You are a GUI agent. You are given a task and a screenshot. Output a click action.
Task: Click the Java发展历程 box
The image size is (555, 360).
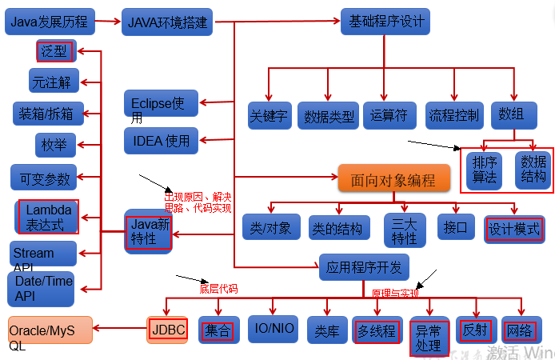[x=50, y=22]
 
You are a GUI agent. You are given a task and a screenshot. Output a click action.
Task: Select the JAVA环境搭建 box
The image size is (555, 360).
[x=167, y=22]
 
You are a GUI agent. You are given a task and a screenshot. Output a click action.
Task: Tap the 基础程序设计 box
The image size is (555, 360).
[x=385, y=21]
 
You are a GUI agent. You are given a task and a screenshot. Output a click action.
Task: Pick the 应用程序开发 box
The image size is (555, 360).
[x=364, y=266]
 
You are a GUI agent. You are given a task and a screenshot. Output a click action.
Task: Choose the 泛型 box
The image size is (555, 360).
[x=55, y=52]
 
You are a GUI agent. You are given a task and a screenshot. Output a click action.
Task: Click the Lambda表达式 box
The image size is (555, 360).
[x=48, y=217]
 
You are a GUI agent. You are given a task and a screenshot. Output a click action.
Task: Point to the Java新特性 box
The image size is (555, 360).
[x=149, y=231]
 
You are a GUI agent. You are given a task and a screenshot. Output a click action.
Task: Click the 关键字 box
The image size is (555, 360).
[x=268, y=116]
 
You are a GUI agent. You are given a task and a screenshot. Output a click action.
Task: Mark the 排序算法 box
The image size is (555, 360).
[x=484, y=169]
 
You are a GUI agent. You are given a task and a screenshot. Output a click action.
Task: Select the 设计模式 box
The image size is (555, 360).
[x=513, y=228]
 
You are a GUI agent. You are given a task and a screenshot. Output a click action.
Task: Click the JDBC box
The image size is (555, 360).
[x=168, y=328]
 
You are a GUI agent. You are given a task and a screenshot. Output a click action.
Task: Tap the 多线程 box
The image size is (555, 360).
[x=376, y=330]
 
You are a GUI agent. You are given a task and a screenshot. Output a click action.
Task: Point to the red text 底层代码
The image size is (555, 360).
[x=218, y=289]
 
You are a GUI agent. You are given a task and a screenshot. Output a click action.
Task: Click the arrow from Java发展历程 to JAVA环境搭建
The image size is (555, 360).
[x=108, y=22]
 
